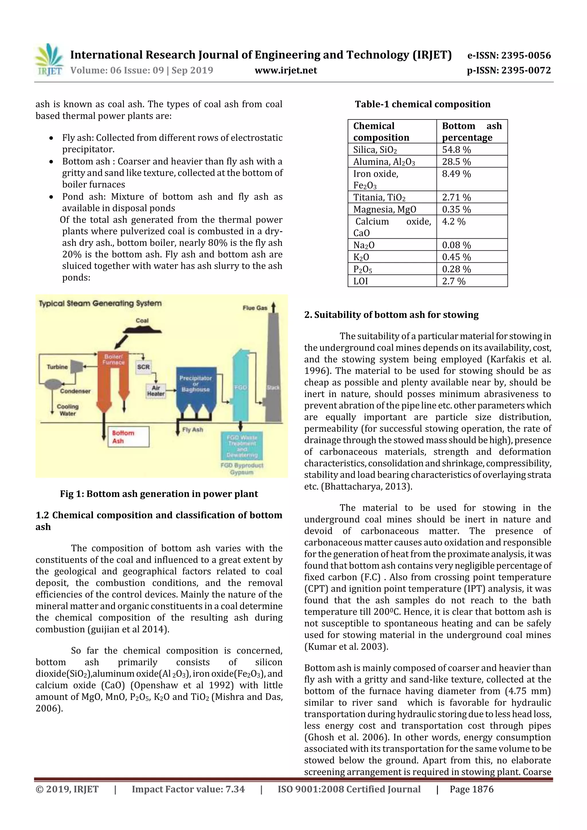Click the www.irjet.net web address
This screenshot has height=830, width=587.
pos(286,70)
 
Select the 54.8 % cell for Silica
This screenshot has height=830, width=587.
pos(456,150)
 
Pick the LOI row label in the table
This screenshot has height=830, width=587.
pos(361,281)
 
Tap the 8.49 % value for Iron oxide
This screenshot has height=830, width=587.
pos(456,174)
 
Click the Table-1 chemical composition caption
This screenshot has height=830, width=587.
pos(422,104)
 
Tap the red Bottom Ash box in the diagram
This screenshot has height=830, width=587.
pos(129,437)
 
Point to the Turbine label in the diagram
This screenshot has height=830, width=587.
pos(57,367)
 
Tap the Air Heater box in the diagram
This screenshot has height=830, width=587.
pos(156,391)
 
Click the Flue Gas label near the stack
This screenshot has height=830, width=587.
pos(255,308)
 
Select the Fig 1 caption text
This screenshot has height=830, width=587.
pos(159,494)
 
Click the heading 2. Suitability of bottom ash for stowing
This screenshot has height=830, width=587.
pos(391,315)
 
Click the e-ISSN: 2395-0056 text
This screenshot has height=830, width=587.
pos(509,55)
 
